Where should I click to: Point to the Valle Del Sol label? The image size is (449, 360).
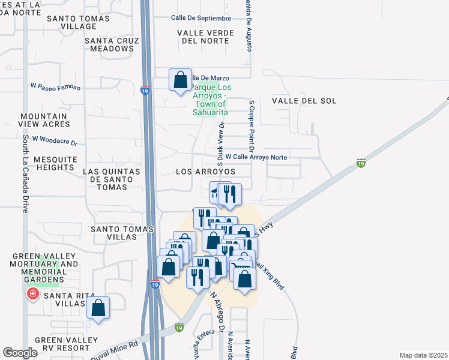click(x=304, y=101)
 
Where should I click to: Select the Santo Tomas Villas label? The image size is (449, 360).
click(x=113, y=233)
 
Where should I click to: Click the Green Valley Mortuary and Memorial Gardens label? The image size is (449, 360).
click(x=46, y=268)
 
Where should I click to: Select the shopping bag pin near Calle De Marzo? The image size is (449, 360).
click(x=180, y=79)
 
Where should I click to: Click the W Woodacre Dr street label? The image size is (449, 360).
click(x=55, y=141)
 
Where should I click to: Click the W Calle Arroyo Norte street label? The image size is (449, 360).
click(x=258, y=158)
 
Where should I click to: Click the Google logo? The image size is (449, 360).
click(x=20, y=353)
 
